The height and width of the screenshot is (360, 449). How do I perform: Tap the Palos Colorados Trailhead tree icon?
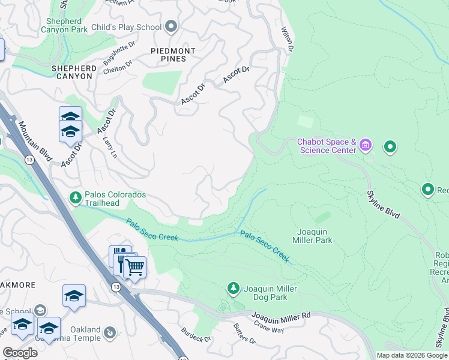tap(76, 197)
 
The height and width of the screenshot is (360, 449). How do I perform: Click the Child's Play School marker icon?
tap(172, 26)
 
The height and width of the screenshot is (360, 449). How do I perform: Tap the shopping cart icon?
tap(135, 267)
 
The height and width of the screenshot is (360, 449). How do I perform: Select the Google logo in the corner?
tap(20, 352)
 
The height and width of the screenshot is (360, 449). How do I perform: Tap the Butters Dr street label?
tap(244, 336)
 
